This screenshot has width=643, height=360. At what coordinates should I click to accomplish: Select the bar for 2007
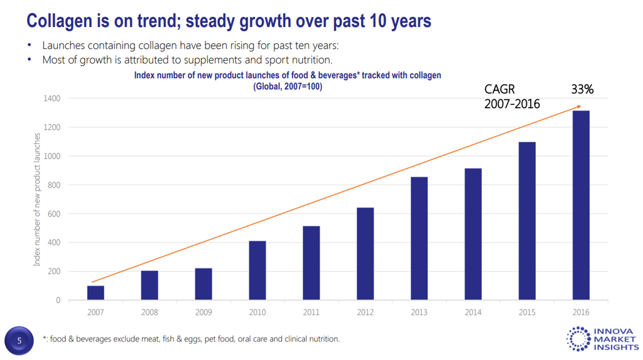pyautogui.click(x=95, y=293)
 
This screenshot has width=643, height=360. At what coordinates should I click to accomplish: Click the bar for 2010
pyautogui.click(x=257, y=271)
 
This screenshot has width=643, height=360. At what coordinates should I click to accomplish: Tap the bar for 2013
pyautogui.click(x=419, y=239)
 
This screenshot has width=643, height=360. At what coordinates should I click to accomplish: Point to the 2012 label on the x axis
pyautogui.click(x=365, y=312)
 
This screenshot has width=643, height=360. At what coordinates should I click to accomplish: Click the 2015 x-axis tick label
pyautogui.click(x=527, y=312)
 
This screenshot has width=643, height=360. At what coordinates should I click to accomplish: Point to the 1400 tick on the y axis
pyautogui.click(x=52, y=99)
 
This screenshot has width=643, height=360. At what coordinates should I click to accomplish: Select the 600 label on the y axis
pyautogui.click(x=54, y=214)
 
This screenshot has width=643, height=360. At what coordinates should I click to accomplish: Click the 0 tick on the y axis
pyautogui.click(x=58, y=300)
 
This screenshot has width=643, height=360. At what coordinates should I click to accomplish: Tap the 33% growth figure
pyautogui.click(x=582, y=90)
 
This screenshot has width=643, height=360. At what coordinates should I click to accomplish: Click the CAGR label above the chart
pyautogui.click(x=499, y=90)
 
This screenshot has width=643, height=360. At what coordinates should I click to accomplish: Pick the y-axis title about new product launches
pyautogui.click(x=37, y=199)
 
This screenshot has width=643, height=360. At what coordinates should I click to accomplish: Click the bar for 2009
pyautogui.click(x=203, y=284)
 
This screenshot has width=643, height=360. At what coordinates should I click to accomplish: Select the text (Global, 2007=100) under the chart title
pyautogui.click(x=288, y=87)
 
